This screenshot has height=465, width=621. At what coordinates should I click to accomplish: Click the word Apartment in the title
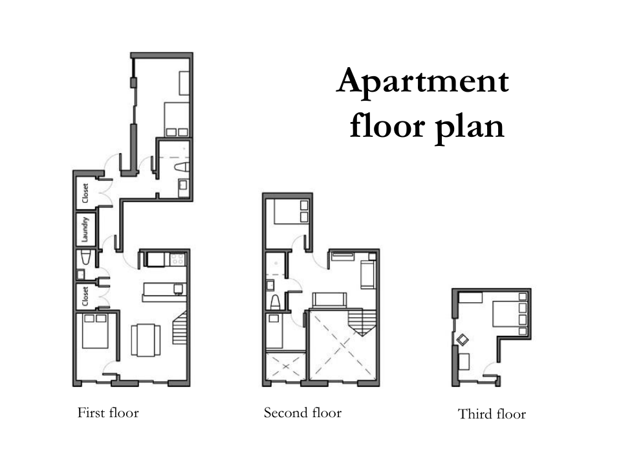(422, 82)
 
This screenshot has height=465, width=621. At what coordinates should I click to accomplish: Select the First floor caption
(108, 413)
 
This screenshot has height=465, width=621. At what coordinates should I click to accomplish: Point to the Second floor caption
(303, 413)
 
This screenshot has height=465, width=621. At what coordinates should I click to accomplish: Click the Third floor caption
(492, 414)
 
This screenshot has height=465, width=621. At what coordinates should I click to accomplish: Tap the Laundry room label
(85, 229)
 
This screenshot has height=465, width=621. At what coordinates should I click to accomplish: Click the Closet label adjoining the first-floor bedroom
(85, 296)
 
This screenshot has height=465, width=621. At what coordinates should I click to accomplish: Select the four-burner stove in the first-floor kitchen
(177, 260)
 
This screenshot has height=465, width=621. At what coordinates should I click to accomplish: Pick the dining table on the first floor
(146, 340)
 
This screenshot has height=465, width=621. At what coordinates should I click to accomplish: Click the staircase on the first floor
(179, 327)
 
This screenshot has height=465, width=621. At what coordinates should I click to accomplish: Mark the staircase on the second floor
(362, 322)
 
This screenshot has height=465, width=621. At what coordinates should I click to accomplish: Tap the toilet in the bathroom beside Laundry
(85, 258)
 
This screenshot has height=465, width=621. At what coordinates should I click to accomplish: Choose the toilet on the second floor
(276, 302)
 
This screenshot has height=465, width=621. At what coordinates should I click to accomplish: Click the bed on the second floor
(291, 212)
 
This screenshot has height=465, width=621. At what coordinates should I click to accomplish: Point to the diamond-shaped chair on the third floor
(463, 340)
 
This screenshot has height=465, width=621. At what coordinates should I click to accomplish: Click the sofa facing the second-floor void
(329, 300)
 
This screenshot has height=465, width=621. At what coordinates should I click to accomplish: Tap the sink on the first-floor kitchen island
(179, 289)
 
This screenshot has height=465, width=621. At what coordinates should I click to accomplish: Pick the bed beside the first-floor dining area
(95, 331)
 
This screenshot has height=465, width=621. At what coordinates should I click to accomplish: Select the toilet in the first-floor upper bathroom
(182, 167)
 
